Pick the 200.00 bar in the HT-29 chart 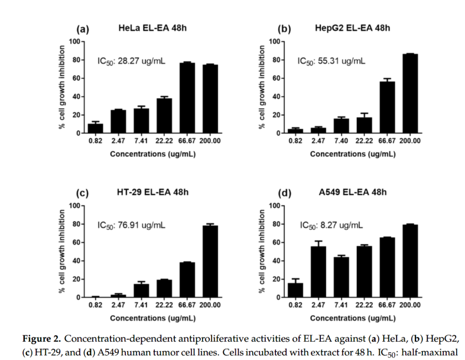(210, 261)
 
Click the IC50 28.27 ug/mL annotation (131, 60)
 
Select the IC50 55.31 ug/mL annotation (331, 60)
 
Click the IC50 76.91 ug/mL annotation (131, 225)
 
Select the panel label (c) (83, 193)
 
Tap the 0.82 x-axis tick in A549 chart (295, 305)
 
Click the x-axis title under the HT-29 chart (152, 318)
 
